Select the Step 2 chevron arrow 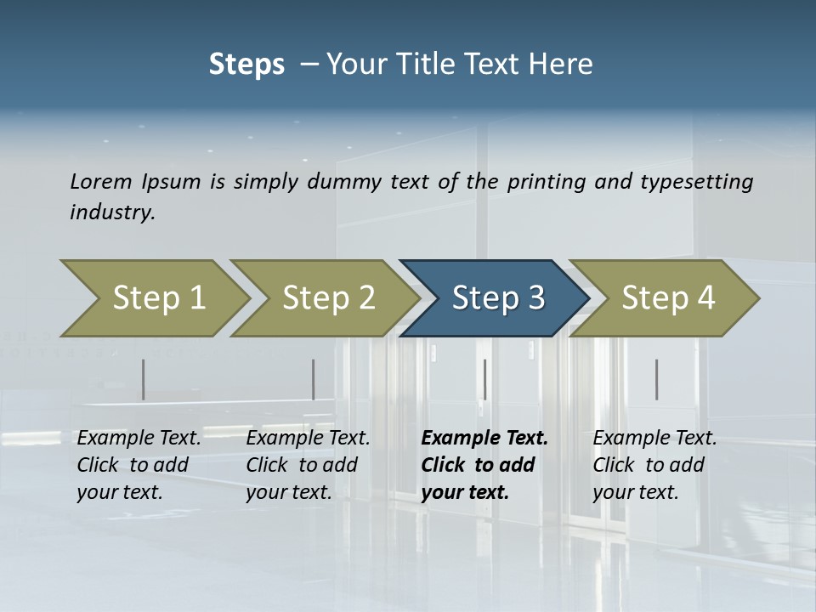[x=327, y=298]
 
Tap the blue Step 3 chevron [x=497, y=298]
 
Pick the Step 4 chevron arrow [x=667, y=298]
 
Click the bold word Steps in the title [x=246, y=65]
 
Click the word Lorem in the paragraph [x=101, y=181]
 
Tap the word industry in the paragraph [x=111, y=212]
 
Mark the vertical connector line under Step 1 [x=144, y=379]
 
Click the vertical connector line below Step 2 [x=314, y=379]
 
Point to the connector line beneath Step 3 [x=484, y=379]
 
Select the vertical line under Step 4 [x=656, y=379]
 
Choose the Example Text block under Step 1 [x=139, y=464]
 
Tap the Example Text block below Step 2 [x=308, y=464]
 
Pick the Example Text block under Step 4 [x=654, y=464]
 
